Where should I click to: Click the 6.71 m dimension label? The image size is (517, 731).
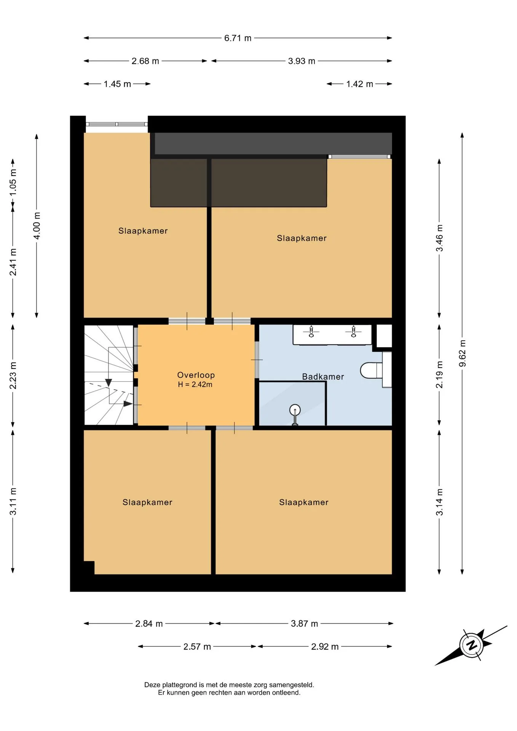click(238, 38)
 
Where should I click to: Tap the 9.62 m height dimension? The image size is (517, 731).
click(463, 353)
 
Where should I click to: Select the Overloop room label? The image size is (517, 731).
click(196, 375)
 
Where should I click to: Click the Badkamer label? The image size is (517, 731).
click(323, 377)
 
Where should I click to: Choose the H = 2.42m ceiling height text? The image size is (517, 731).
click(195, 385)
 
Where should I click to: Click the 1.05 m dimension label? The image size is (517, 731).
click(13, 182)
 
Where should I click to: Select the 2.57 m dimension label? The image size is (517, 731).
click(197, 646)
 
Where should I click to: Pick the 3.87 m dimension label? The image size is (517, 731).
click(304, 624)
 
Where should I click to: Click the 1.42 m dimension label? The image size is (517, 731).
click(359, 84)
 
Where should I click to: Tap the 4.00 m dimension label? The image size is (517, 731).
click(37, 226)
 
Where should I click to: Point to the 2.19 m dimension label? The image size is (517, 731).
click(439, 375)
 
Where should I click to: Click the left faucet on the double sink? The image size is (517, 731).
click(311, 331)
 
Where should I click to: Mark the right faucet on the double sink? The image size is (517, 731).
click(353, 331)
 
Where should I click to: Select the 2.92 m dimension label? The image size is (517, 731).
click(325, 646)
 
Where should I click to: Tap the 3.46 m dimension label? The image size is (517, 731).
click(439, 238)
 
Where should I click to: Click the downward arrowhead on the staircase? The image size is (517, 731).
click(109, 382)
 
